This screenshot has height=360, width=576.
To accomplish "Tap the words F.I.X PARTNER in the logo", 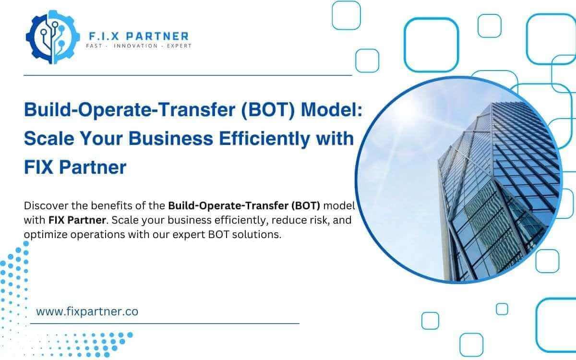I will coord(139,36).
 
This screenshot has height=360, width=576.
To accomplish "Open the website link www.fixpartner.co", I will coord(87,312).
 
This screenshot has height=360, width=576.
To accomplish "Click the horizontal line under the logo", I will coord(188,75).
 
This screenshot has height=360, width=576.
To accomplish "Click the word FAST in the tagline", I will coord(94,46).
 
